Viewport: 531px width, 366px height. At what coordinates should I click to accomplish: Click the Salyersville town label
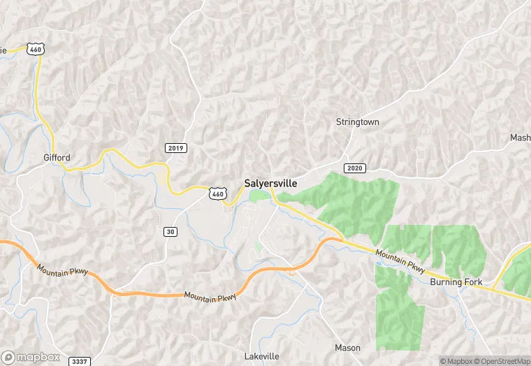pos(270,183)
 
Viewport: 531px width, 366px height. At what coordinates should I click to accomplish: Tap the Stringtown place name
pos(357,122)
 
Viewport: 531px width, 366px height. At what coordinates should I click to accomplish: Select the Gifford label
pos(57,157)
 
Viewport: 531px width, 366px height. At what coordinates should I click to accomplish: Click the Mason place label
pos(347,347)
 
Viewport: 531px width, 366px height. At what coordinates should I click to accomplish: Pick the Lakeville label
pos(262,356)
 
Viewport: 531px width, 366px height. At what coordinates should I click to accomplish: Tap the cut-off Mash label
pos(521,138)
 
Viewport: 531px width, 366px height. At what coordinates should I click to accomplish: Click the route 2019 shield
pos(176,148)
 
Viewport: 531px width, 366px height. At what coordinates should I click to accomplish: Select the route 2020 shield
pos(355,168)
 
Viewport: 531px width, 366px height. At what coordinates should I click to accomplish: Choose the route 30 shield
pos(170,232)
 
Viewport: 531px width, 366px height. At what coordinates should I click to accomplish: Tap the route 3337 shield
pos(80,361)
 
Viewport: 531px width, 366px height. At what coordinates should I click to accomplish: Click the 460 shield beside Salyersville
pos(218,193)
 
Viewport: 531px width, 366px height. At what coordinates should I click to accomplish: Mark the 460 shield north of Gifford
pos(36,49)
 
